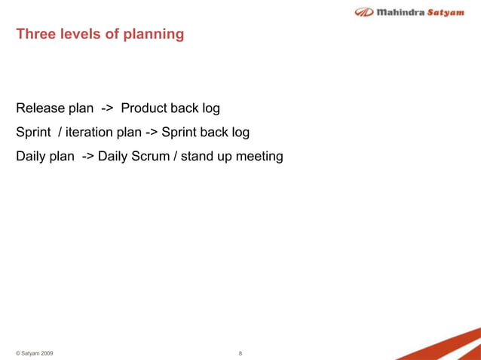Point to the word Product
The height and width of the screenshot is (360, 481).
(x=146, y=108)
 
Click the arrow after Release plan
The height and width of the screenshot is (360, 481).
(x=107, y=108)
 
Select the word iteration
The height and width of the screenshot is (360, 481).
(x=90, y=133)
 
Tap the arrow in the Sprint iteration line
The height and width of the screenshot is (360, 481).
(x=151, y=133)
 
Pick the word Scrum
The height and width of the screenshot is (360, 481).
(x=155, y=157)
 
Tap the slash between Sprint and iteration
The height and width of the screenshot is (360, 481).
(x=60, y=133)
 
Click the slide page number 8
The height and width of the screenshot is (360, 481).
(x=240, y=352)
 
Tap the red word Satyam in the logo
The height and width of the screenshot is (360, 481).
(x=446, y=12)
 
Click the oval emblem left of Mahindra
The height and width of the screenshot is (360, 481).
(x=364, y=12)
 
